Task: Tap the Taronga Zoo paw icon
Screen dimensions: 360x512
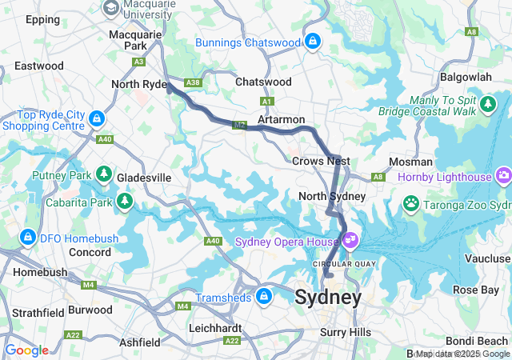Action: tap(411, 203)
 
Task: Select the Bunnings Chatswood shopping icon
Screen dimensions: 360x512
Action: tap(312, 40)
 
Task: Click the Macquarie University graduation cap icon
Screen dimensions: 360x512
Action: tap(111, 8)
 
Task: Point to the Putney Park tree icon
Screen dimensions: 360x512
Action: tap(103, 174)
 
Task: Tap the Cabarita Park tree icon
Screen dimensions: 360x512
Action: tap(124, 200)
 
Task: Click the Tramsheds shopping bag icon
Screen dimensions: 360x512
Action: tap(263, 298)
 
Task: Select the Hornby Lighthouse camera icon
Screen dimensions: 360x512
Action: tap(503, 174)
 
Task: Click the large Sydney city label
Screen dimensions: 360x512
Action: tap(328, 298)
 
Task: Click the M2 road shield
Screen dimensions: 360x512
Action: tap(240, 126)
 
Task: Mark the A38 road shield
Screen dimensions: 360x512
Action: tap(192, 82)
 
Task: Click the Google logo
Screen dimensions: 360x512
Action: tap(26, 350)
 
